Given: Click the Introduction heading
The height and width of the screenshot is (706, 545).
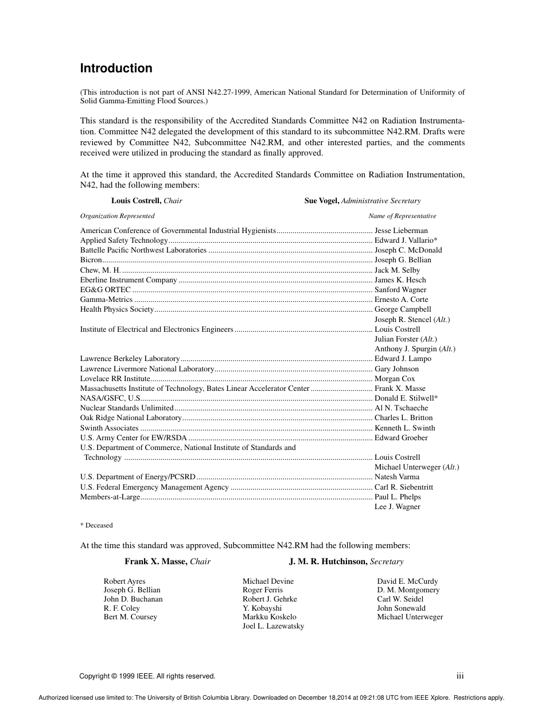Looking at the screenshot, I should (x=116, y=68).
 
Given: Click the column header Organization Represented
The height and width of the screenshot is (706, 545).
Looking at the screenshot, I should (x=117, y=216).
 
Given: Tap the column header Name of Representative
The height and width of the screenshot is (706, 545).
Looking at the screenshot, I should (x=402, y=216).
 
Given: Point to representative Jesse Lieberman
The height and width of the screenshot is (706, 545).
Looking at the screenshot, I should (x=401, y=230).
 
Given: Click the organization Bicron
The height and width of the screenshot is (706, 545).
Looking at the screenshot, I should (x=91, y=260).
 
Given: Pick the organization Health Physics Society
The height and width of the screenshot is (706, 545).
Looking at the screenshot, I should (x=117, y=309).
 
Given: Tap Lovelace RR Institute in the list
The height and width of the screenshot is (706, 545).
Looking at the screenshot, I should (x=115, y=379).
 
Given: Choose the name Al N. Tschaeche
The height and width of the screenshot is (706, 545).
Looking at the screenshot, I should (x=401, y=408).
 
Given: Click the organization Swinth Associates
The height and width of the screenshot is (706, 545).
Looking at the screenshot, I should (x=110, y=428).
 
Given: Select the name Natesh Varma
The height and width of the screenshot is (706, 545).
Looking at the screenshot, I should (x=397, y=477).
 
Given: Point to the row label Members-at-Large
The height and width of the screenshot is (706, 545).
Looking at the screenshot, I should (x=110, y=497).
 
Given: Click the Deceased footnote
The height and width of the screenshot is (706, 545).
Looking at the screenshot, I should (x=96, y=525).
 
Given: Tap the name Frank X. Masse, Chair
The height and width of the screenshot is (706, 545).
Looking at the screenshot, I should (x=168, y=562).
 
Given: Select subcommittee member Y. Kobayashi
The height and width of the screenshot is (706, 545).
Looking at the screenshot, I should (x=262, y=608).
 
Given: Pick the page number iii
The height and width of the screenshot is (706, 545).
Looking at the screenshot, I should (x=460, y=676).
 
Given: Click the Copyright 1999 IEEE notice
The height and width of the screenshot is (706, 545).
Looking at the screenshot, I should (x=147, y=676).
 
